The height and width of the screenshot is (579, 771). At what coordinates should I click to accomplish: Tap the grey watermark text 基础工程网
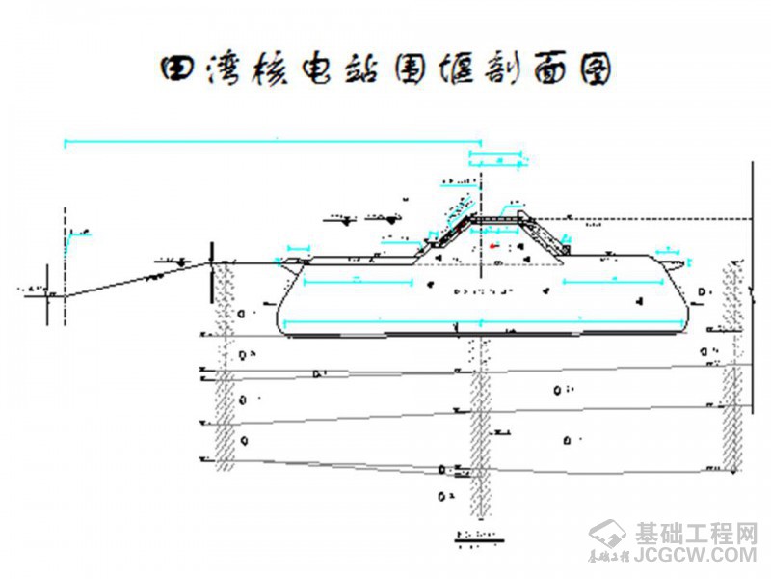click(x=696, y=533)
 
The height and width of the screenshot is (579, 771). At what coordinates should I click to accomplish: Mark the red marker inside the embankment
click(x=493, y=246)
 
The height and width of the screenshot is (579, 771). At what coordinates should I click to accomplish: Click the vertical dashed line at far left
click(x=64, y=261)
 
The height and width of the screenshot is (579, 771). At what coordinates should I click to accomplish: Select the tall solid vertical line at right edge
click(x=753, y=289)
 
